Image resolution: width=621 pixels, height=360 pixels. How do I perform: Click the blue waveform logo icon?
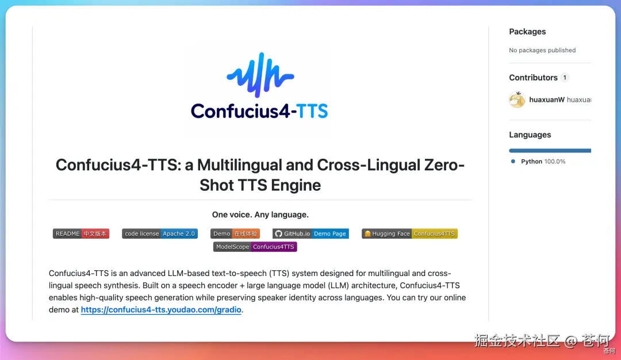260,74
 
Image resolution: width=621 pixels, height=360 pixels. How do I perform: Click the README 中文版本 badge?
81,233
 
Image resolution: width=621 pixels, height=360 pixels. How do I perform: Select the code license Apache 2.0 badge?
160,233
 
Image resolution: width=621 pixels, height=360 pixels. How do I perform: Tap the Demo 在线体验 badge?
235,233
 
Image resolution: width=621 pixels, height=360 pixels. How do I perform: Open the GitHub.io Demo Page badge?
310,233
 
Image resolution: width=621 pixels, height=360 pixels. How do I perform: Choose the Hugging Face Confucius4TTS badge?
409,233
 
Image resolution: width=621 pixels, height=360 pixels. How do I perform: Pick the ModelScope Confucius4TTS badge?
255,247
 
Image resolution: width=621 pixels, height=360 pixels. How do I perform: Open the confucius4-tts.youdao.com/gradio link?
161,310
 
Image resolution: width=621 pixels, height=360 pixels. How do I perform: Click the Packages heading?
527,32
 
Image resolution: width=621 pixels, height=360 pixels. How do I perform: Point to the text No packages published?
542,50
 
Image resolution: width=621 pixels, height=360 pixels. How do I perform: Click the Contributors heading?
533,78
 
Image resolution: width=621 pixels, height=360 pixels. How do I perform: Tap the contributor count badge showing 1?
565,78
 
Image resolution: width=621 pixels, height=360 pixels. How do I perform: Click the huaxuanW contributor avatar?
517,100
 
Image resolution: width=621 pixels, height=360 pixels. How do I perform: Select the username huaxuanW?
547,100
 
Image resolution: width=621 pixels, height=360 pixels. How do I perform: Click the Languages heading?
530,135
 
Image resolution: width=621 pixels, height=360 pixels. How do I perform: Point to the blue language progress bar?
550,151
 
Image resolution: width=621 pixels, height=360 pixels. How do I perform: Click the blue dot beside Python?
513,162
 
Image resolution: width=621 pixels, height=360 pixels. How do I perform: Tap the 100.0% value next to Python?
554,162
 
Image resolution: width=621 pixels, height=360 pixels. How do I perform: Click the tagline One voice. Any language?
260,215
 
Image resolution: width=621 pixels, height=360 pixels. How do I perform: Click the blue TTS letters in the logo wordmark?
312,111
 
